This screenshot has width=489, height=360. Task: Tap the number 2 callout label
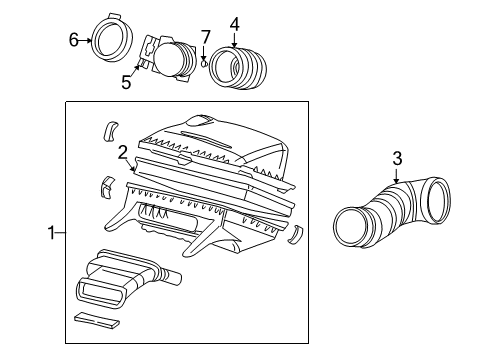point(121,153)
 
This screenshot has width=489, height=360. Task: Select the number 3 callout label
point(396,158)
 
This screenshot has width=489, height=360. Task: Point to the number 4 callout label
point(234,22)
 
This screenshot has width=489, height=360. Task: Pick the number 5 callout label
point(126,82)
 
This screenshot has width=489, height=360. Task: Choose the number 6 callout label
point(73,39)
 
